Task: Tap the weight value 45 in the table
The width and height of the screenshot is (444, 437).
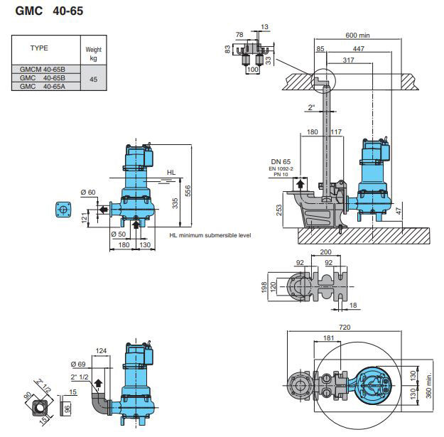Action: [x=93, y=78]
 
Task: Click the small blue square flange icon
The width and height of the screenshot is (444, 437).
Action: [x=63, y=210]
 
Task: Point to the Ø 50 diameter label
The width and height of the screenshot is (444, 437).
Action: [x=118, y=234]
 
